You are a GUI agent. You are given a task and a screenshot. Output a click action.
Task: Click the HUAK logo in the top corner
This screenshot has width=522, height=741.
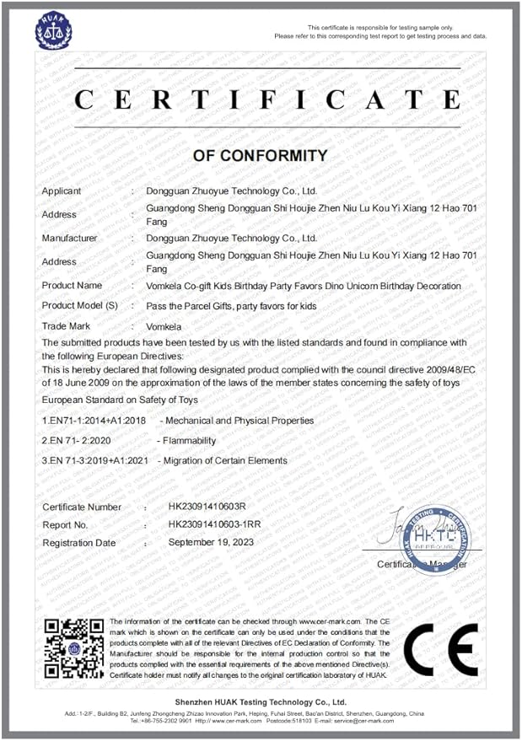[55, 30]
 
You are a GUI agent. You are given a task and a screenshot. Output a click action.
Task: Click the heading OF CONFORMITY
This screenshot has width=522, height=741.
[260, 156]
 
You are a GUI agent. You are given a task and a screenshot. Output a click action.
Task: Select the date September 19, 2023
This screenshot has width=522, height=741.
[211, 542]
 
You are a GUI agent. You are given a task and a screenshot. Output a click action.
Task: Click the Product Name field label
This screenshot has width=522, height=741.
[73, 286]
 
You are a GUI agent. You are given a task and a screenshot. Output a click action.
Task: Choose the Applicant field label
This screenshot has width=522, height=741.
[62, 191]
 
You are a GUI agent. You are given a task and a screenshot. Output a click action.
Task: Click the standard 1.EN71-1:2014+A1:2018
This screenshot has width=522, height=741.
[94, 420]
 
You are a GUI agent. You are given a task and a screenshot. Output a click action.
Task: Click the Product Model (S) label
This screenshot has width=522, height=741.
[80, 306]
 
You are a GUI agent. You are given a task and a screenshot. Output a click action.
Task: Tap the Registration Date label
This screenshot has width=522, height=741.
[79, 543]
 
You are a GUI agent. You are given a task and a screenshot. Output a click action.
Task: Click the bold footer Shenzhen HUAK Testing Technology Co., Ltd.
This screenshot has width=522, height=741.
[261, 702]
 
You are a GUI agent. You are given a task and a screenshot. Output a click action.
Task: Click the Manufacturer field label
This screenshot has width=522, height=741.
[70, 239]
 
